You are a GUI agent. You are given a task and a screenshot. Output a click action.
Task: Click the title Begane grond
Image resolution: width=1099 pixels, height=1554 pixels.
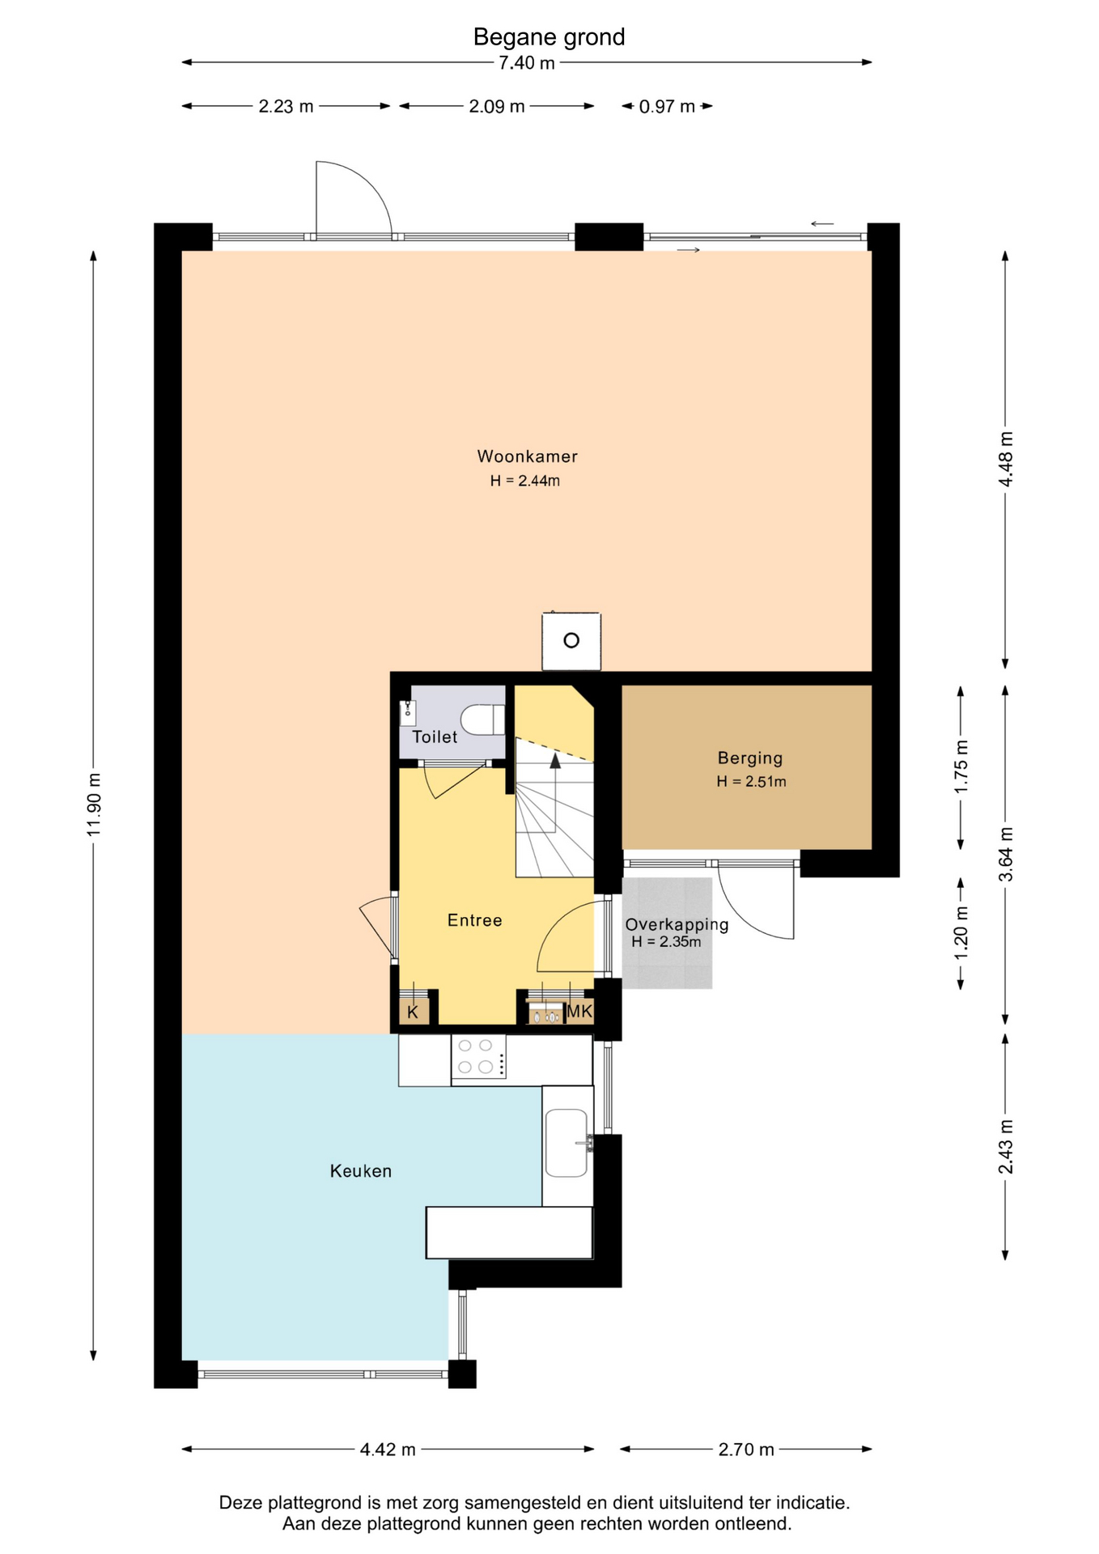point(549,37)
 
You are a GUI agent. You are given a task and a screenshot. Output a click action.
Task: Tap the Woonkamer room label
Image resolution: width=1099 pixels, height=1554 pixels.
point(527,456)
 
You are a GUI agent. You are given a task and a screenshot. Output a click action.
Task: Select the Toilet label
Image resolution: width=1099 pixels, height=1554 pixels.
point(435,737)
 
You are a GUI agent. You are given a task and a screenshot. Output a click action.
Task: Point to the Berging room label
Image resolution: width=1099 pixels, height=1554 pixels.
point(750,758)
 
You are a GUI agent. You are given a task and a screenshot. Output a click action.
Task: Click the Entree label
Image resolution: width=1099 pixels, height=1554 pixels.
point(474,920)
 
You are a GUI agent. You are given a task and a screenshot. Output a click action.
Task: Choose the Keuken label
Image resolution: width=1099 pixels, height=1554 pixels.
point(360,1171)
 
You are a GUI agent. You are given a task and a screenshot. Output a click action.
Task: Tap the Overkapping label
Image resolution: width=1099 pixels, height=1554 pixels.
point(677,924)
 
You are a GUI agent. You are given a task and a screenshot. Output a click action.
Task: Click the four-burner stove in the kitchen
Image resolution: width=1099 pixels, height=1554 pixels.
point(478,1056)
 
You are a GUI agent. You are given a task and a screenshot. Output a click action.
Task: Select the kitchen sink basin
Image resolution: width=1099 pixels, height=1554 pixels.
point(566,1143)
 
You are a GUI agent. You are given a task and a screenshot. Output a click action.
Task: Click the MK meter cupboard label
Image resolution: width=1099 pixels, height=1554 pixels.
point(579,1011)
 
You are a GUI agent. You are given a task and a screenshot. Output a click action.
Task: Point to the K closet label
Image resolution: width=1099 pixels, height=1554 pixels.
point(413,1012)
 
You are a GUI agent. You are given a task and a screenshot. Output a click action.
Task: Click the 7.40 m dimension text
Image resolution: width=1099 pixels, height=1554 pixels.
point(526,63)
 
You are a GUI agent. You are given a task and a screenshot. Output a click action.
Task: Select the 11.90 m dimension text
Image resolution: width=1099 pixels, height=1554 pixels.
point(94,805)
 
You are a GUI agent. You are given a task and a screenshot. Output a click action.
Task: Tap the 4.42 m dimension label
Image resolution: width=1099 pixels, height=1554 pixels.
point(388,1450)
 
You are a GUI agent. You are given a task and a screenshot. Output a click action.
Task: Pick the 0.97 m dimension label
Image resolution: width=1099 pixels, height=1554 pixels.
point(667,107)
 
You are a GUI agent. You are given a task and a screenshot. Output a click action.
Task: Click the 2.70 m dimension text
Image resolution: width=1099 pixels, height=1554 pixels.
point(746,1450)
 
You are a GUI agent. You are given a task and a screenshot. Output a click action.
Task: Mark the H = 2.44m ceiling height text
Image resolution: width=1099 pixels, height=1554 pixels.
point(524,481)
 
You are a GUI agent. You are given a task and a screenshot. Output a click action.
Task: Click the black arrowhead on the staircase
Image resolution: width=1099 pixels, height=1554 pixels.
point(555,760)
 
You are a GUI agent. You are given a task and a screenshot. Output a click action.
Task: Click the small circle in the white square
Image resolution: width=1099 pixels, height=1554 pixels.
point(571,641)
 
